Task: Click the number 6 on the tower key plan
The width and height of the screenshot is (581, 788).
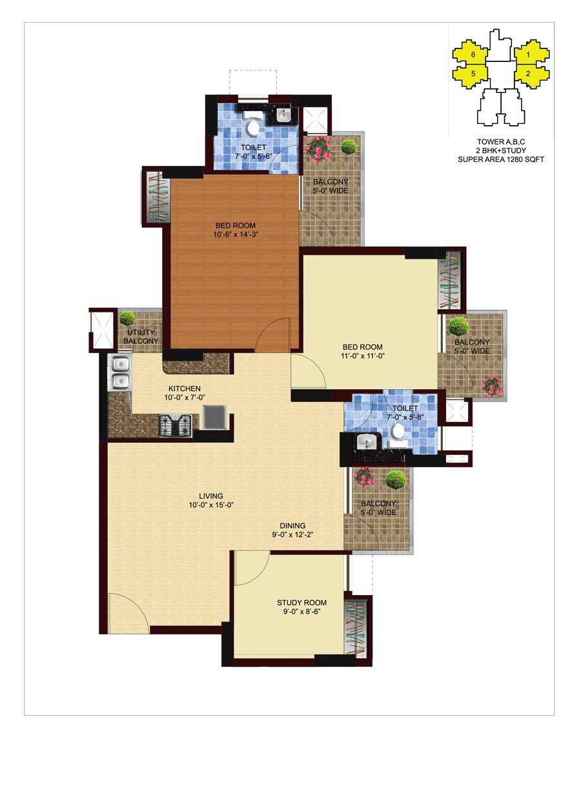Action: click(x=473, y=54)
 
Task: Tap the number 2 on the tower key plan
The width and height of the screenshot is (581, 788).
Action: click(x=528, y=74)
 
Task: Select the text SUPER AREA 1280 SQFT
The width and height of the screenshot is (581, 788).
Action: click(x=501, y=159)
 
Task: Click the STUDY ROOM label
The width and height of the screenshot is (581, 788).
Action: click(x=301, y=603)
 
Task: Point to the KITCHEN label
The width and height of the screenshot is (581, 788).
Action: click(x=185, y=389)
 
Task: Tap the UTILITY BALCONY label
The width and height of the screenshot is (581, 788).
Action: click(x=141, y=336)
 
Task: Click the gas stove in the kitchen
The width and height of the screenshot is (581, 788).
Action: click(x=176, y=425)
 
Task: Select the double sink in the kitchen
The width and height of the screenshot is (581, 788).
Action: click(x=120, y=373)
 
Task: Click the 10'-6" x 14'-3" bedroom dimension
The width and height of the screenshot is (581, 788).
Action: click(x=236, y=234)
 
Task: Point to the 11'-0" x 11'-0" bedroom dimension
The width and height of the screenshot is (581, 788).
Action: click(x=362, y=356)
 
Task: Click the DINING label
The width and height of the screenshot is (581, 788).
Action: click(x=292, y=525)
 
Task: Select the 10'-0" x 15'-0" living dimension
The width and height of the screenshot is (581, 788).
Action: click(x=211, y=505)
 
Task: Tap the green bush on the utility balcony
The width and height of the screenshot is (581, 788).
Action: click(x=127, y=318)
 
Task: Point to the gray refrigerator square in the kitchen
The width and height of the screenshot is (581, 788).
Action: click(x=215, y=417)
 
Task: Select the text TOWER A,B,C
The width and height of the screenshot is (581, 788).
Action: click(x=501, y=142)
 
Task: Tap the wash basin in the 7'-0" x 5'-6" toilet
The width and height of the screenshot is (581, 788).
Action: click(x=283, y=114)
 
